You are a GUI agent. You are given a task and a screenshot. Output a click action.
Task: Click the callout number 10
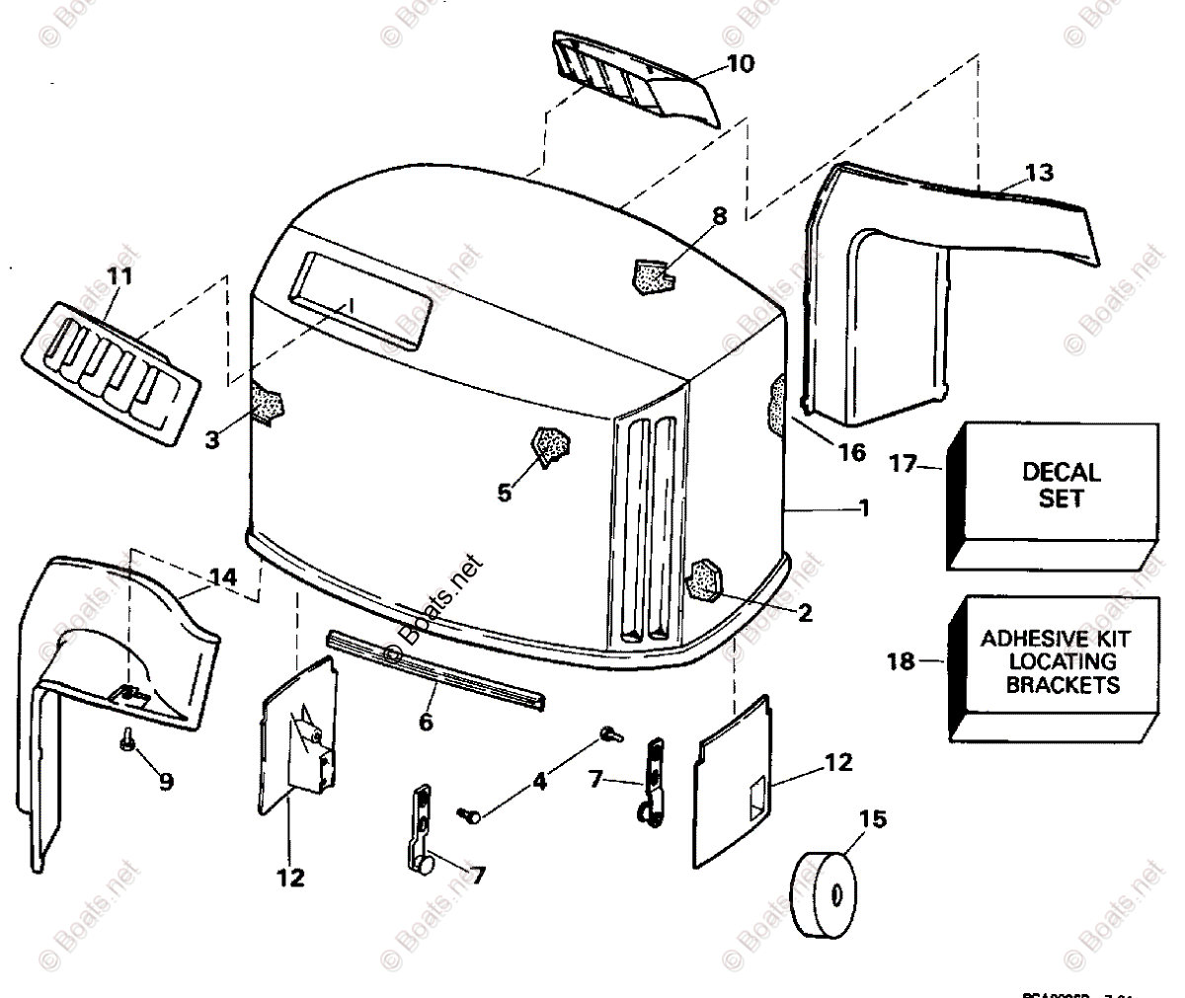(740, 64)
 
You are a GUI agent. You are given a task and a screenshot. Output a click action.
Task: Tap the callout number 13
(1038, 173)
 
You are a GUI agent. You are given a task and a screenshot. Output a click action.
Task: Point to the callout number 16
(850, 452)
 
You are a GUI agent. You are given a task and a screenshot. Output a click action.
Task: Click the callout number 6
(426, 722)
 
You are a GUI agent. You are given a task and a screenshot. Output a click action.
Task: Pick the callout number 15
(873, 819)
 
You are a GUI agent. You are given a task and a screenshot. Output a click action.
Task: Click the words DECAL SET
(1061, 486)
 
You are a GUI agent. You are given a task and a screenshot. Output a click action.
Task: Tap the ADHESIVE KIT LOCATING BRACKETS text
(1056, 661)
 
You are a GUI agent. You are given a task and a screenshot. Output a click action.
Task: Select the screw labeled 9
(128, 738)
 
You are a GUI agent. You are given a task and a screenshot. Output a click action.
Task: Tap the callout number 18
(901, 661)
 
